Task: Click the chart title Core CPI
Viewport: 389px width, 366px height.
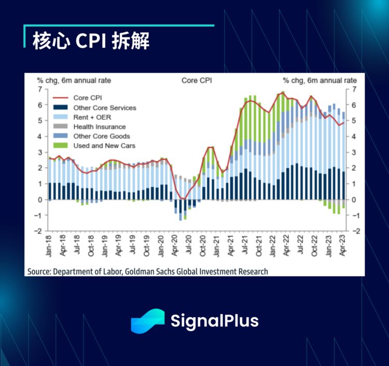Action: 197,80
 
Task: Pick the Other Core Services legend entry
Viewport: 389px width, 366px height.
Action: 104,107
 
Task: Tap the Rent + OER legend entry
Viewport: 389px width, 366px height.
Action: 92,117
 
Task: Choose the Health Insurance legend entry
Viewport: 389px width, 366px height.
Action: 99,126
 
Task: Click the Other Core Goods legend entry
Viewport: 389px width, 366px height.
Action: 101,136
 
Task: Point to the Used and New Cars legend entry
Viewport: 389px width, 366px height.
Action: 104,145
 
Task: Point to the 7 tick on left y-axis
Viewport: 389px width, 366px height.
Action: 39,89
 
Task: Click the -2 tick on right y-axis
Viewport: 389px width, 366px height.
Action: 354,232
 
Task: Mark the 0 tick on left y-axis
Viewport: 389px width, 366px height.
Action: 39,200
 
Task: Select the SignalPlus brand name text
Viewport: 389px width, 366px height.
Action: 214,321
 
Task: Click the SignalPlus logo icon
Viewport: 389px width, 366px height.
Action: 147,321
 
